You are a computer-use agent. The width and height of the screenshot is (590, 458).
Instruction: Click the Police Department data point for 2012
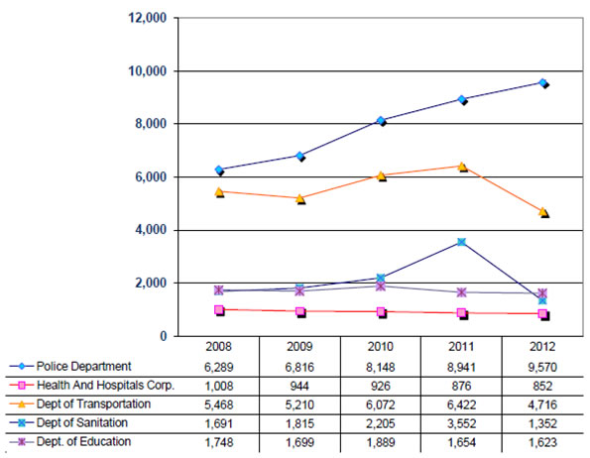[543, 82]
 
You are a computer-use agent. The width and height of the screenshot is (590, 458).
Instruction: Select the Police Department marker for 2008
[219, 170]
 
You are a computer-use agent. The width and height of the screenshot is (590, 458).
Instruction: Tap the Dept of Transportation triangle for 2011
[462, 167]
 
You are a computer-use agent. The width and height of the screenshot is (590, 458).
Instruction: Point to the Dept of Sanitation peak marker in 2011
[462, 242]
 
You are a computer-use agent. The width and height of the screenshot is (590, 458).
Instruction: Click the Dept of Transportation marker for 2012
[543, 212]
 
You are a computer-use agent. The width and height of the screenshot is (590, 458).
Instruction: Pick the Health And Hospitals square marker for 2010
[381, 312]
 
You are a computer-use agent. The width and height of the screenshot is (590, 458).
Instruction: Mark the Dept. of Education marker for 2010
[381, 286]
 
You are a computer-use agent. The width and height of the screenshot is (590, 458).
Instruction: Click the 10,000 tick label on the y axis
[148, 71]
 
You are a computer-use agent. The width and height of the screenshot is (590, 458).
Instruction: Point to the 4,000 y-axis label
[151, 230]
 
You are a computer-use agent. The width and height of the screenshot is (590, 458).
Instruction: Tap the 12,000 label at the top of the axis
[148, 18]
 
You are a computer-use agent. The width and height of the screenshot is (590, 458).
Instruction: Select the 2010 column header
[381, 346]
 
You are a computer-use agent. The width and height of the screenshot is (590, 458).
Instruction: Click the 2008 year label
[218, 346]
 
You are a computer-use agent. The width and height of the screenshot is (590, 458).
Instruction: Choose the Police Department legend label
[83, 366]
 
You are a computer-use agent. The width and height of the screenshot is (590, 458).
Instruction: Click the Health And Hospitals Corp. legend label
[106, 386]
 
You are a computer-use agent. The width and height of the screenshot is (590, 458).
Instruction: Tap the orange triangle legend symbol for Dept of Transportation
[22, 404]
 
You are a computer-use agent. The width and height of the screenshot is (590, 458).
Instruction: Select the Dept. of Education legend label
[83, 441]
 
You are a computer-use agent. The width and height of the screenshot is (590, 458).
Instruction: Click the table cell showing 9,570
[542, 367]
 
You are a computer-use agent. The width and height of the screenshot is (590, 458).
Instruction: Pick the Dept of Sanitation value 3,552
[461, 423]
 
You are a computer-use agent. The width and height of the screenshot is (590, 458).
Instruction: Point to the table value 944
[299, 387]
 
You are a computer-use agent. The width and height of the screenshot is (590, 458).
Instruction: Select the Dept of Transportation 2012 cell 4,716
[542, 405]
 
